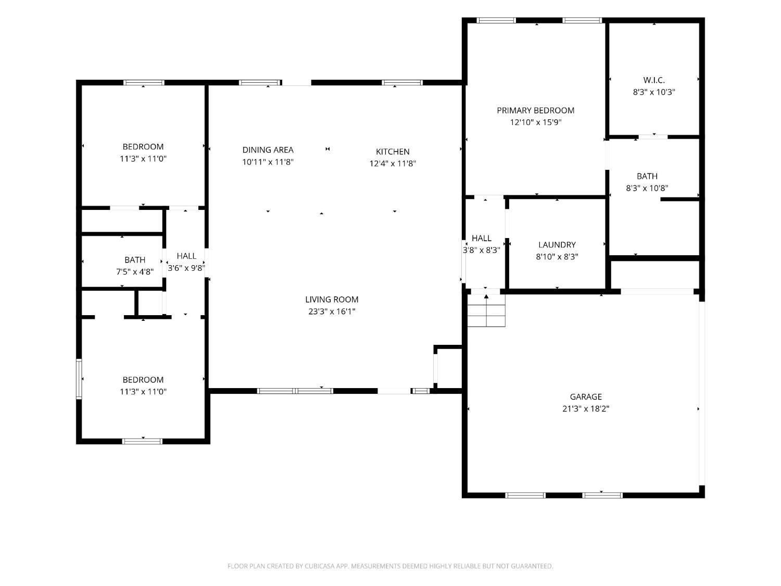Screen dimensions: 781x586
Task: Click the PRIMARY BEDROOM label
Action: tap(535, 110)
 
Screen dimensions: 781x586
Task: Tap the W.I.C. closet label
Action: tap(654, 80)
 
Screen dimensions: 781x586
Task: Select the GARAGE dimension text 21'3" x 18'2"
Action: tap(586, 408)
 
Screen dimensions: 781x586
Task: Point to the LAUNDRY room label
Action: tap(557, 245)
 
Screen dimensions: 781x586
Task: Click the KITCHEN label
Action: tap(393, 152)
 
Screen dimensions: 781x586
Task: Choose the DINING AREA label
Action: tap(268, 150)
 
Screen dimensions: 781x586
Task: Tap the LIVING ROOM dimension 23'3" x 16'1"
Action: tap(332, 311)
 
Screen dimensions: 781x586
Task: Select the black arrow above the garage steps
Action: tap(486, 296)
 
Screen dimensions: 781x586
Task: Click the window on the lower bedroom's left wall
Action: tap(79, 379)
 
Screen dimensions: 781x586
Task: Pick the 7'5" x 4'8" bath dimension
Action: tap(135, 272)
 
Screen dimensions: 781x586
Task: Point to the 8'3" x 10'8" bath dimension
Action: tap(647, 188)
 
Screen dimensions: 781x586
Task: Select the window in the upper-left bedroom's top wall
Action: tap(144, 83)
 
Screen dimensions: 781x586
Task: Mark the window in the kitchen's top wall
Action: tap(402, 83)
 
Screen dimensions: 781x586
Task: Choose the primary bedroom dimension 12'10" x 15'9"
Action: tap(535, 122)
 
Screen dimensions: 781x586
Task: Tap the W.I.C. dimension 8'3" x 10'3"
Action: tap(654, 92)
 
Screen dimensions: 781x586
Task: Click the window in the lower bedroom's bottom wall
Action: tap(142, 442)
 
